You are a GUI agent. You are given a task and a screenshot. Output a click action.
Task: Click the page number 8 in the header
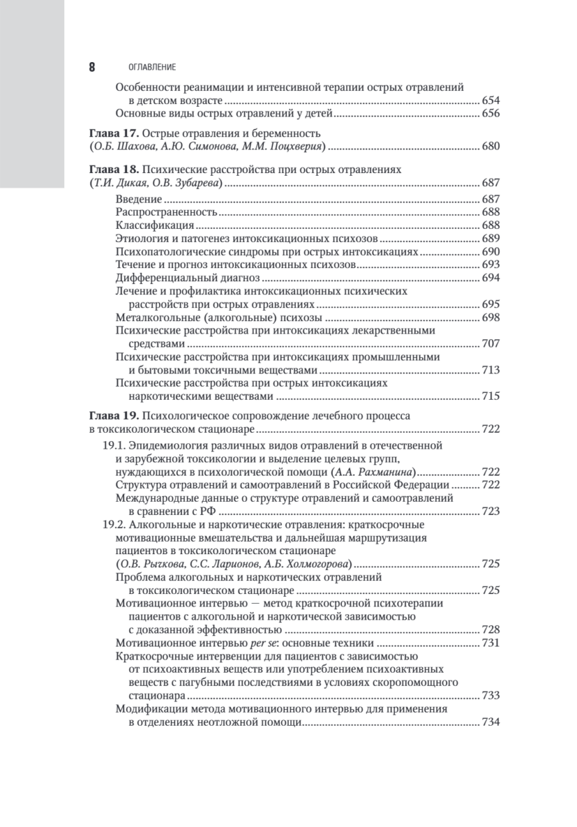92,68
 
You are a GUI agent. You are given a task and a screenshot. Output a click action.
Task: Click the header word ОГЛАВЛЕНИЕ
148,68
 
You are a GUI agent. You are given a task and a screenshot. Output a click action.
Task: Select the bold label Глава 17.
112,133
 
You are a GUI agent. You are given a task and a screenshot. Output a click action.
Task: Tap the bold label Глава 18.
112,170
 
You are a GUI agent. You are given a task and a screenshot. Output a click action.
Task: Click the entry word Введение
139,199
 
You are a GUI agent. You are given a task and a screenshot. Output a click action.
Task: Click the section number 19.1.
114,446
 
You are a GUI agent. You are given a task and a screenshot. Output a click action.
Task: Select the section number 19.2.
114,524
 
